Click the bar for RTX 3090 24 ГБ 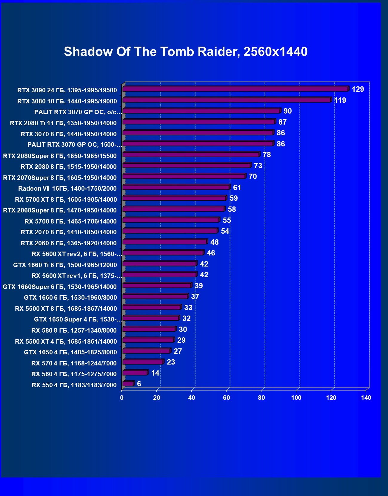point(235,89)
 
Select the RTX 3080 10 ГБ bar point(227,100)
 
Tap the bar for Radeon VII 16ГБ point(176,187)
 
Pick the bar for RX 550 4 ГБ point(128,384)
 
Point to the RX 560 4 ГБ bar point(135,373)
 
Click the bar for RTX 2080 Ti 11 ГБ point(199,122)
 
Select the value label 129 point(358,89)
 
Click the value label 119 point(340,100)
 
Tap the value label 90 point(287,111)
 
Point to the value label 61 point(237,188)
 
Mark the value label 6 point(139,384)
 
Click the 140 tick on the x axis point(366,398)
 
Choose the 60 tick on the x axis point(227,398)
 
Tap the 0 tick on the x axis point(122,398)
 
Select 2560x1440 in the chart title point(275,52)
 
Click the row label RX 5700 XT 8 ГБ point(66,200)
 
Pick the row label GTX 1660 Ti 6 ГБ point(65,265)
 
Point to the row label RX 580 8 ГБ point(74,330)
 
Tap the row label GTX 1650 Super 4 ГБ point(78,319)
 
